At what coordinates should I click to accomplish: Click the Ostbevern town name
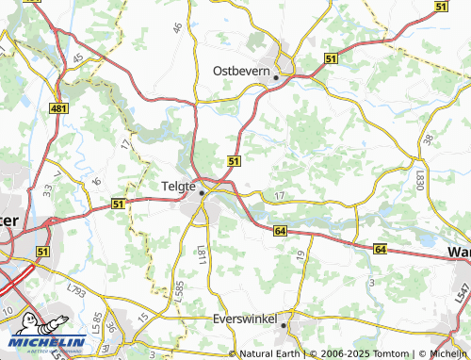[x=242, y=71]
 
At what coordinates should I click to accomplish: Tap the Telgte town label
[x=179, y=186]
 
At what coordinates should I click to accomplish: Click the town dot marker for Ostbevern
[x=275, y=78]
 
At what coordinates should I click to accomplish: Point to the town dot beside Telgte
[x=201, y=193]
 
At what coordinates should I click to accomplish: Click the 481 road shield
[x=58, y=109]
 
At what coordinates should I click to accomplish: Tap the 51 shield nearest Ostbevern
[x=330, y=58]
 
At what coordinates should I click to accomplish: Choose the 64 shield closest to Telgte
[x=280, y=230]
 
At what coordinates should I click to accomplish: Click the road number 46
[x=177, y=28]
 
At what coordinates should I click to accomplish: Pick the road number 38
[x=429, y=139]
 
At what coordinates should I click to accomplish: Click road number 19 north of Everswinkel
[x=300, y=254]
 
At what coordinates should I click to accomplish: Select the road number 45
[x=78, y=59]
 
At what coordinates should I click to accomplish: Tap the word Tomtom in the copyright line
[x=358, y=354]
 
